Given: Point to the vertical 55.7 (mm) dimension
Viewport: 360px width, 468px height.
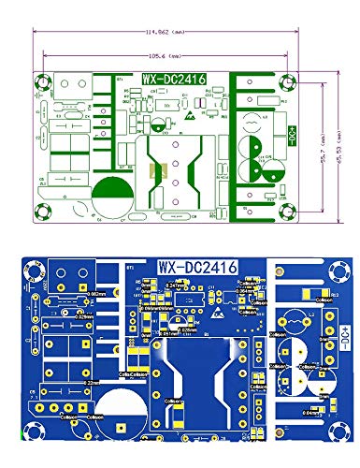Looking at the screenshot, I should point(321,137).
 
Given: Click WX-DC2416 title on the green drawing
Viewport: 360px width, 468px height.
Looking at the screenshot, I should point(174,80).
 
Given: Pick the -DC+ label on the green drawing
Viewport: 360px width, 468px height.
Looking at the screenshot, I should point(291,140).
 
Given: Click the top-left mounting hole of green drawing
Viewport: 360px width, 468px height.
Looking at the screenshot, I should point(43,84).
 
